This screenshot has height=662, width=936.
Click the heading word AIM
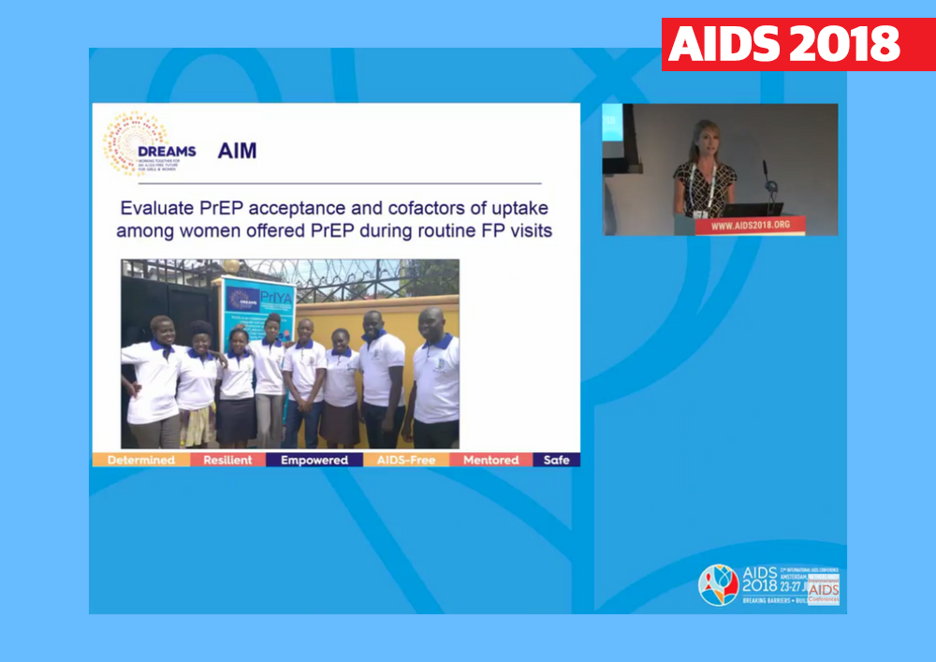237,151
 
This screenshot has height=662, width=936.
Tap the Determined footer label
140,460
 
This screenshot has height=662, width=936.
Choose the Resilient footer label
227,460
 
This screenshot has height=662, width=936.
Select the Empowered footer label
314,460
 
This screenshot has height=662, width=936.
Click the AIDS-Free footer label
406,460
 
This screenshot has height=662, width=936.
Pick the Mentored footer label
490,460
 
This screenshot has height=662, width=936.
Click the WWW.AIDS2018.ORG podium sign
750,226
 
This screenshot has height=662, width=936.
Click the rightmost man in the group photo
435,375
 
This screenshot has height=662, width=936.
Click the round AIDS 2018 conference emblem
718,584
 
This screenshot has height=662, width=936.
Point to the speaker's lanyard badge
700,213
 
